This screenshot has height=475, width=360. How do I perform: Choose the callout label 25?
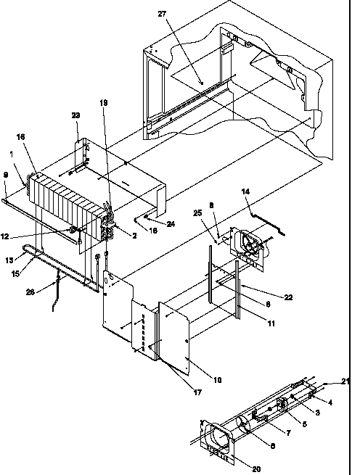tap(198, 212)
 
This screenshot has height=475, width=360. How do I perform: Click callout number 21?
tap(345, 382)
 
